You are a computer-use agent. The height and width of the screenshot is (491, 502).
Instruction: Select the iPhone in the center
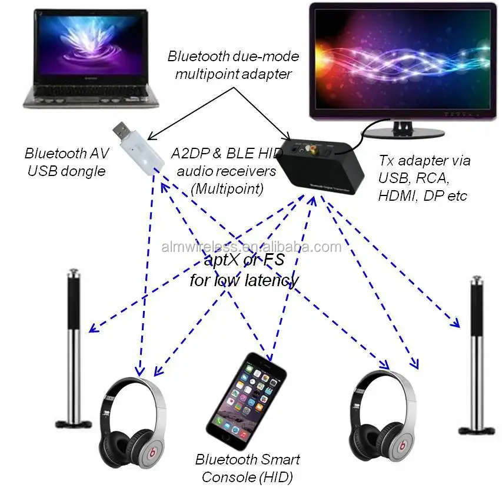(245, 400)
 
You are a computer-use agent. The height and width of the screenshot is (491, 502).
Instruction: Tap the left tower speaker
(74, 347)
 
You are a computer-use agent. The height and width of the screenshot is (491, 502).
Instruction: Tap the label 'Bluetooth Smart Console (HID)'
(247, 468)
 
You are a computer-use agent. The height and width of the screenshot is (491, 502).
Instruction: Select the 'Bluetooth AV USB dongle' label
(64, 162)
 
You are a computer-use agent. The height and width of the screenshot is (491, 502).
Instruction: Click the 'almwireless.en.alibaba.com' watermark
(251, 247)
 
